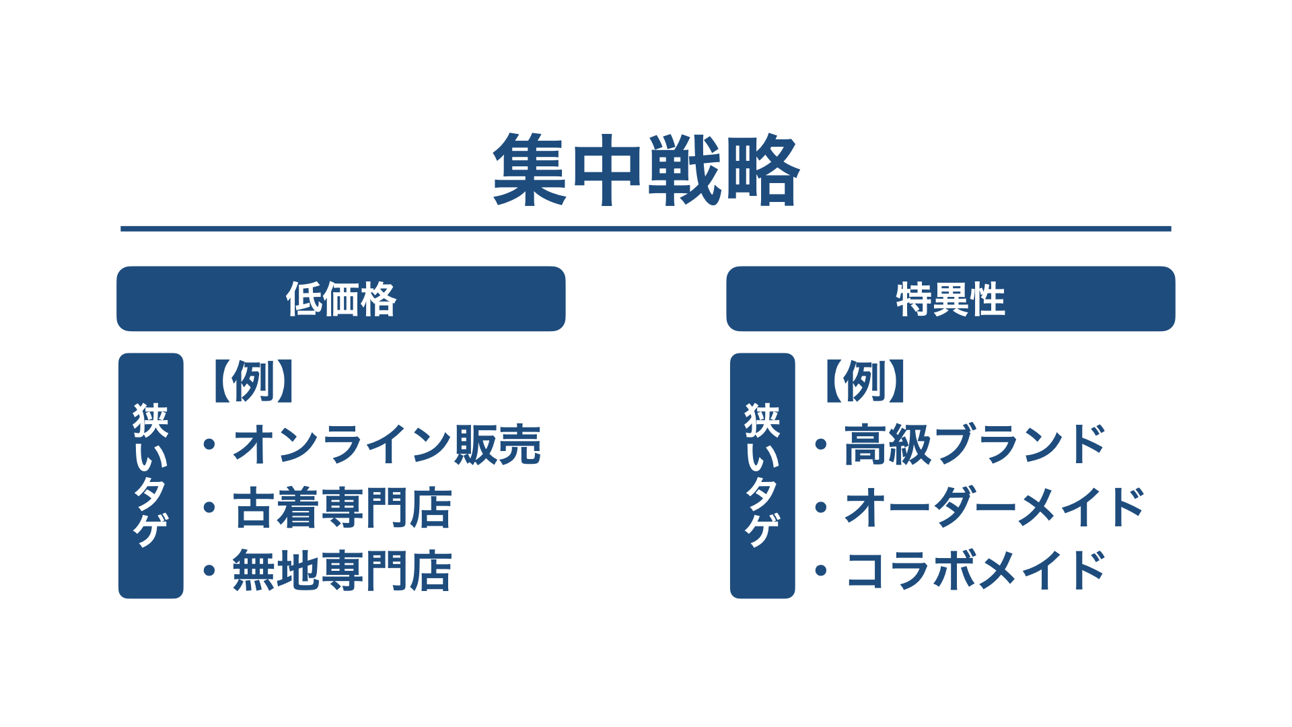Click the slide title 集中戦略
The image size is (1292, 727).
[646, 170]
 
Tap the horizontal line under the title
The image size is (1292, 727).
[646, 229]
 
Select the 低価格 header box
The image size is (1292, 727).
[341, 299]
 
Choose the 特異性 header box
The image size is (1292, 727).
[951, 299]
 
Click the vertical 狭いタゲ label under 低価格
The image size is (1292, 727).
[151, 475]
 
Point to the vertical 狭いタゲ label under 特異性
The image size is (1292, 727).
[762, 475]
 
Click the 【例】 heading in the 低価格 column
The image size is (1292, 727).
[252, 381]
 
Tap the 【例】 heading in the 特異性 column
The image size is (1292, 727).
[864, 381]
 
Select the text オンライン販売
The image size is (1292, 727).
[387, 444]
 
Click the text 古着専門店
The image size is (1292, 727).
[343, 508]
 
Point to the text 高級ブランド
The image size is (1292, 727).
[975, 444]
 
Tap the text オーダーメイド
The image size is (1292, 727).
[995, 508]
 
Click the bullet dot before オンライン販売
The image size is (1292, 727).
[209, 444]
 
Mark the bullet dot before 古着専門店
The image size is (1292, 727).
[209, 508]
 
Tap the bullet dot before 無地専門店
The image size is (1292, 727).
[209, 571]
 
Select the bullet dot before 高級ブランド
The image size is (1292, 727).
[821, 444]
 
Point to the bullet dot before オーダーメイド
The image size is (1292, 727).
[821, 508]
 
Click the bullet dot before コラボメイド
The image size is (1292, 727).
[821, 571]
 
